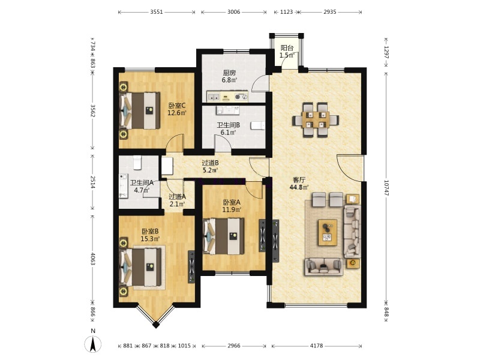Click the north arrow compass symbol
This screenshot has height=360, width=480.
click(93, 344)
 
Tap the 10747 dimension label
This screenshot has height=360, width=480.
click(386, 188)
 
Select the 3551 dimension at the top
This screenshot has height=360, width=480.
click(157, 12)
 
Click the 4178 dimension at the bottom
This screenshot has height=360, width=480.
click(317, 346)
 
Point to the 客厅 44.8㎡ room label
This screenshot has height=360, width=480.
click(299, 184)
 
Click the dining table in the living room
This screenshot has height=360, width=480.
click(316, 119)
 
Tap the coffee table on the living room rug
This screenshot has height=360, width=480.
click(328, 232)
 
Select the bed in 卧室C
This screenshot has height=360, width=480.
click(140, 110)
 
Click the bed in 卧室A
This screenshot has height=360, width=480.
click(224, 236)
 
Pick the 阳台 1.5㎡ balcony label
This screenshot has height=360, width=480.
click(287, 52)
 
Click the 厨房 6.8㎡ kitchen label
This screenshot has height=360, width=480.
click(229, 76)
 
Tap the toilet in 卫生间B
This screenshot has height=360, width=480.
click(257, 125)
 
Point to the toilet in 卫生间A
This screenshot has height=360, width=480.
click(137, 163)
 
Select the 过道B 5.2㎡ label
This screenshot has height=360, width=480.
click(210, 166)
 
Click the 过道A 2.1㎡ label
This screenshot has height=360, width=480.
click(177, 200)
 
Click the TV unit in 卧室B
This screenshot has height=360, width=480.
click(191, 267)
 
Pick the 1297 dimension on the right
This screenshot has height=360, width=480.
click(386, 52)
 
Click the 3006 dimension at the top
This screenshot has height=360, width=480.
click(233, 12)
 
